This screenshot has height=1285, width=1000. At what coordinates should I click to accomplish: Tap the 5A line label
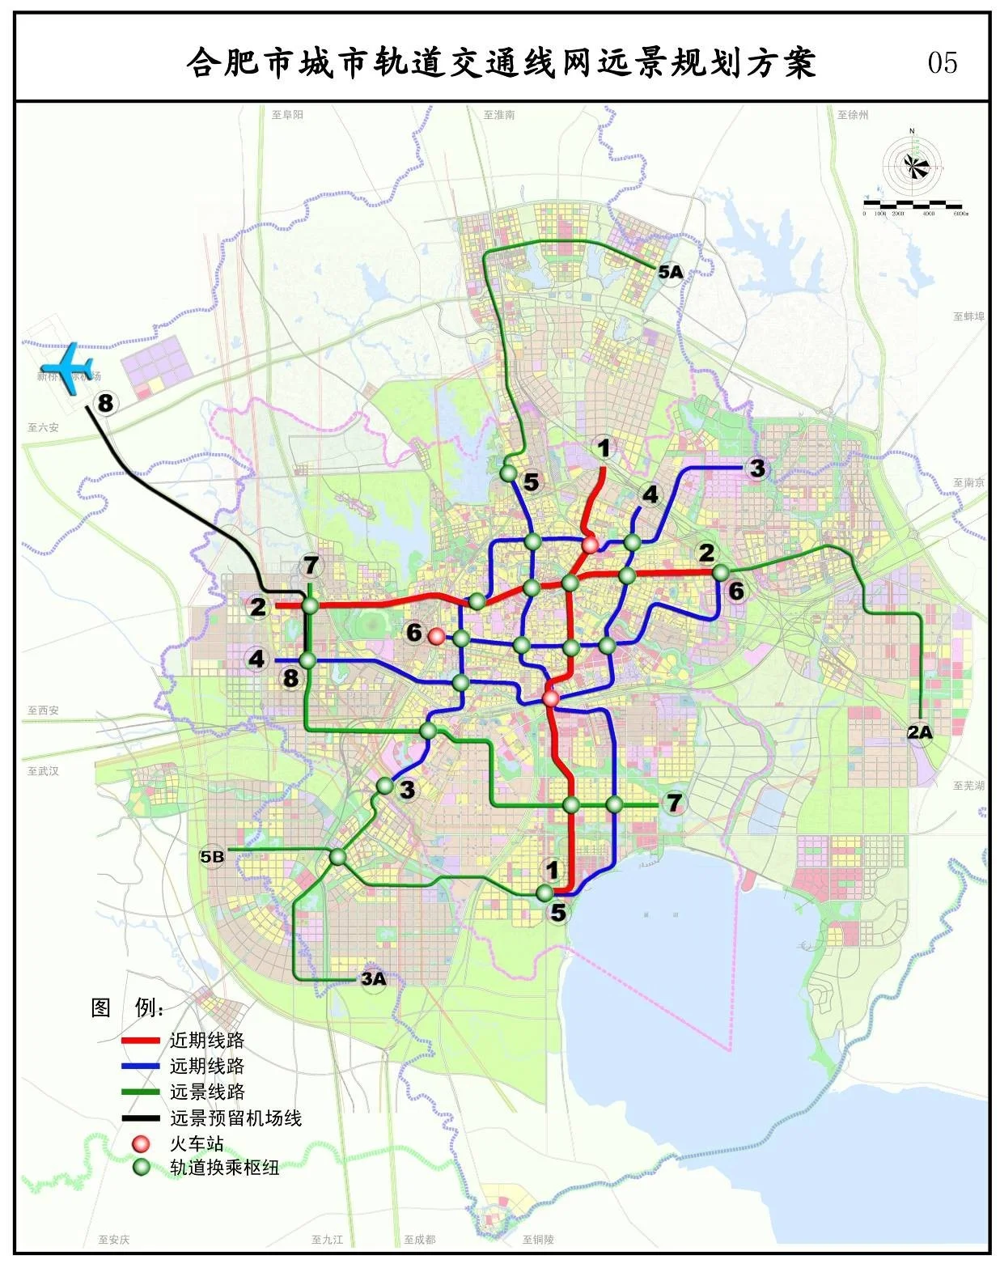point(670,272)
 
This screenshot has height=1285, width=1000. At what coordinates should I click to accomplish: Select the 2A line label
point(919,732)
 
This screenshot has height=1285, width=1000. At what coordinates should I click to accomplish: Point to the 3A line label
point(373,978)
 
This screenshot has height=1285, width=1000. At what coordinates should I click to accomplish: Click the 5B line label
point(212,856)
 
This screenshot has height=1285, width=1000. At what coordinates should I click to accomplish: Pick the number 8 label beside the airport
point(105,402)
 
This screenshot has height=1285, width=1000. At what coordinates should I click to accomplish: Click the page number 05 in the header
point(943,62)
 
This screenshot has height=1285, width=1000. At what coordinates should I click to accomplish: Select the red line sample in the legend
point(140,1041)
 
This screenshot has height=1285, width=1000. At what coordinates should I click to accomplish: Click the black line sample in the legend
point(140,1118)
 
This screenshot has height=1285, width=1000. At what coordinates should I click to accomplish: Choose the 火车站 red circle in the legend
point(142,1143)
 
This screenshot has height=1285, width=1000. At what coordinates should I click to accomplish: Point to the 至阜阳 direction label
point(287,115)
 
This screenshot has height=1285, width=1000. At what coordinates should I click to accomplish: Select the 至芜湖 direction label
point(968,786)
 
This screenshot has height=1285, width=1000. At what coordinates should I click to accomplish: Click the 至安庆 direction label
point(113,1239)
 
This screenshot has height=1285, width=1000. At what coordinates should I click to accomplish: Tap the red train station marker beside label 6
point(436,636)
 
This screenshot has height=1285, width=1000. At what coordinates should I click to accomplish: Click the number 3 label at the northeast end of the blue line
point(756,468)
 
